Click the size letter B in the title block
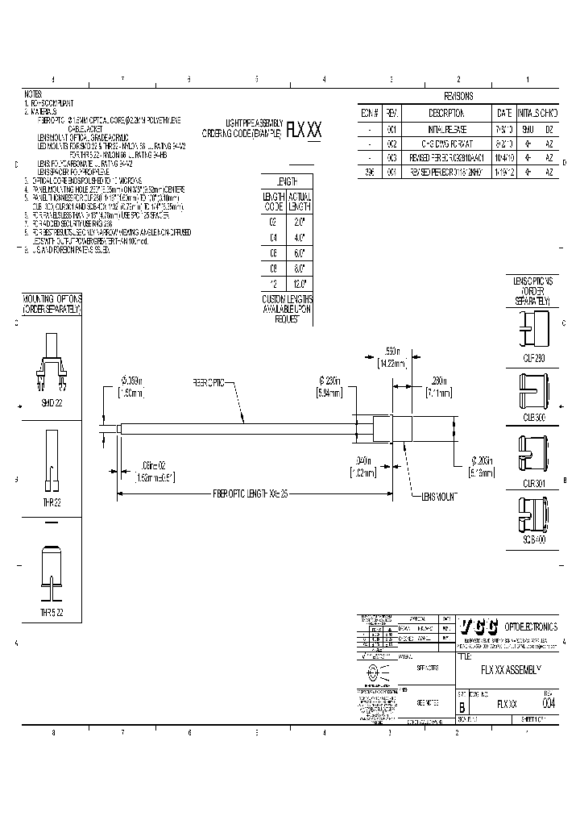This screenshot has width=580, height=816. point(462,704)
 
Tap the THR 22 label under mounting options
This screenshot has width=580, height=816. point(51,502)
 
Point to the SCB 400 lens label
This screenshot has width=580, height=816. point(532,540)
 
